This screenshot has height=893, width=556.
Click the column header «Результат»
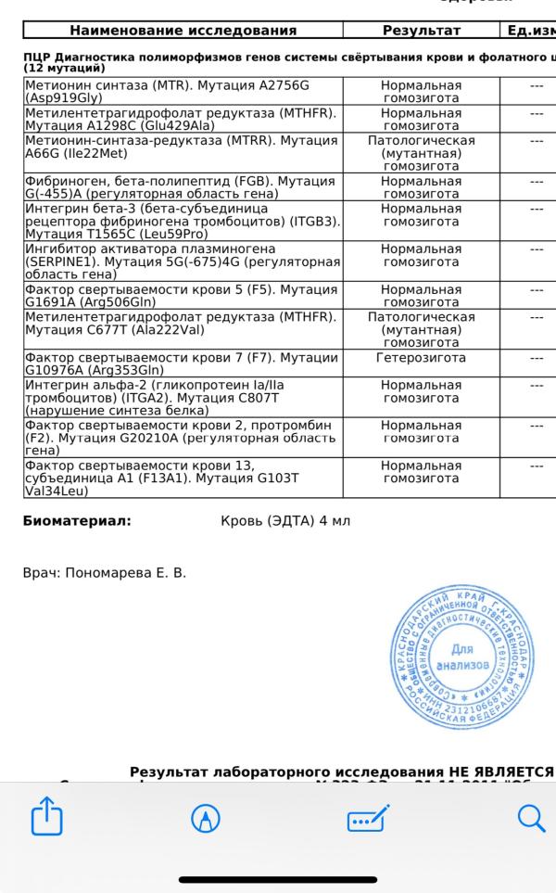coord(421,31)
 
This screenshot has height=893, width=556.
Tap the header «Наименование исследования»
coord(183,31)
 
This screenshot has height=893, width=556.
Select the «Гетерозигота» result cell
coord(421,358)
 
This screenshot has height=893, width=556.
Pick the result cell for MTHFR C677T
coord(421,330)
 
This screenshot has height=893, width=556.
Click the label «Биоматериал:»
coord(77,521)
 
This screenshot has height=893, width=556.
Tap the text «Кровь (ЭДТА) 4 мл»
coord(285,521)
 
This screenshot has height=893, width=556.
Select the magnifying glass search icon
coord(530,818)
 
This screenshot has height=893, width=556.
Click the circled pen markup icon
coord(205,818)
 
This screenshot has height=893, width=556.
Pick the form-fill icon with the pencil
coord(368,818)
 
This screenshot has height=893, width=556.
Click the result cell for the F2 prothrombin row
coord(421,431)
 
